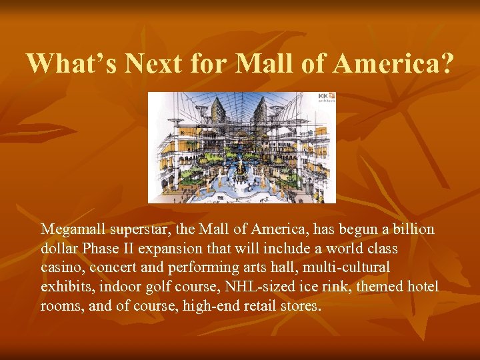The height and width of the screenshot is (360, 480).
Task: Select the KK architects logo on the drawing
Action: click(327, 99)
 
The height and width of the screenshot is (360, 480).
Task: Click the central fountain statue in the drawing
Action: click(238, 164)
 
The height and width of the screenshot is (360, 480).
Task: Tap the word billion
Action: click(411, 229)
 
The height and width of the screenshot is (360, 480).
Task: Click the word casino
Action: click(61, 268)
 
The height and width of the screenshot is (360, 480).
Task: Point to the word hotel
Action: click(423, 287)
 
